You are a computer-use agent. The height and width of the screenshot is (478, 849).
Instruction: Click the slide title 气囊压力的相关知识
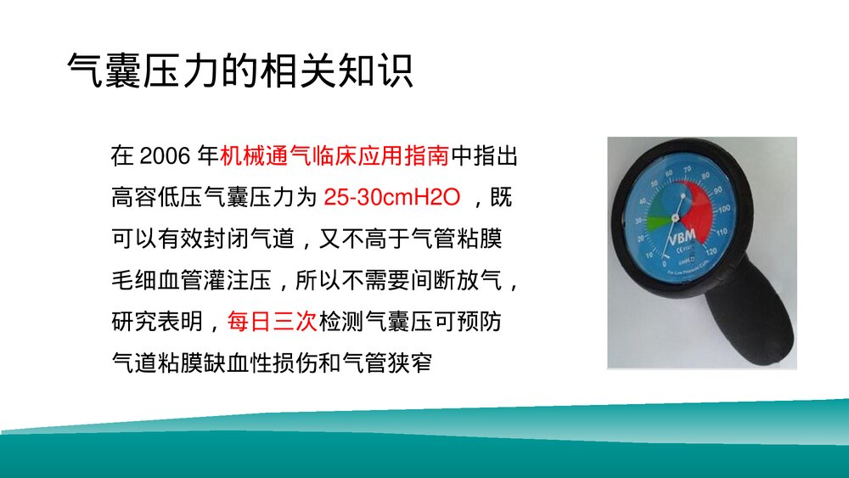(240, 71)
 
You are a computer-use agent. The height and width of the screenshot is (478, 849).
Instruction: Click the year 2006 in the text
(160, 157)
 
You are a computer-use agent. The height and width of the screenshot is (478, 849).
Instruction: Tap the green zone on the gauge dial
(656, 222)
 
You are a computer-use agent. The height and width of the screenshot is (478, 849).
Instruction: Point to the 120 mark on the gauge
(711, 251)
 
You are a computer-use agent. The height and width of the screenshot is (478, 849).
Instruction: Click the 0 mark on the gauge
(665, 265)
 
